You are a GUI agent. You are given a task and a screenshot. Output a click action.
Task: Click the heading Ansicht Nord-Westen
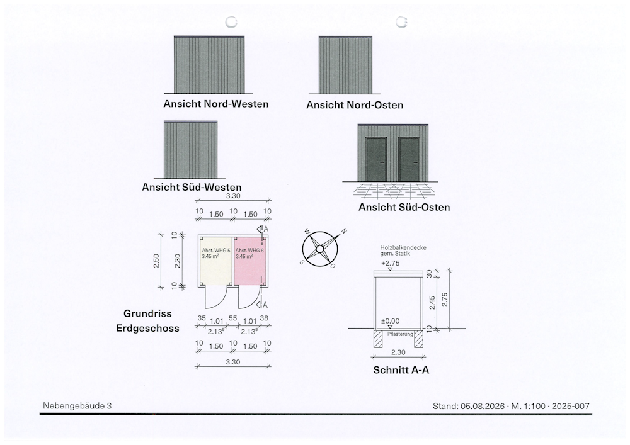click(x=215, y=104)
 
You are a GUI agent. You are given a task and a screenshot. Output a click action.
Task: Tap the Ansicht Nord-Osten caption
click(x=355, y=105)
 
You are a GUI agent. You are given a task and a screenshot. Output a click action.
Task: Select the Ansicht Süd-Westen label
click(x=192, y=188)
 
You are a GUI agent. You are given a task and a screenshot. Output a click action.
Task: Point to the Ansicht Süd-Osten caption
click(x=404, y=208)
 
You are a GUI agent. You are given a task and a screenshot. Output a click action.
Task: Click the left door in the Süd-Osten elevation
click(x=376, y=159)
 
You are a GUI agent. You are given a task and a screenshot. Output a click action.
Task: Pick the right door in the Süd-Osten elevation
click(x=409, y=159)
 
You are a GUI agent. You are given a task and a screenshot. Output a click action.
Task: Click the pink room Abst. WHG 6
click(x=249, y=261)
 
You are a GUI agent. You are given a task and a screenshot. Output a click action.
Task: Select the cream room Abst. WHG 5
click(x=215, y=261)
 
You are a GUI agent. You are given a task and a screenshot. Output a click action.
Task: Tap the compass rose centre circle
click(x=319, y=249)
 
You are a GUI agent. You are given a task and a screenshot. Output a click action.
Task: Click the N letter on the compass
click(x=344, y=231)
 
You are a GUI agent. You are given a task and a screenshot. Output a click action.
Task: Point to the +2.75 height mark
click(x=390, y=263)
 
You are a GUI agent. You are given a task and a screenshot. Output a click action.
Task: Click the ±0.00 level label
click(x=390, y=321)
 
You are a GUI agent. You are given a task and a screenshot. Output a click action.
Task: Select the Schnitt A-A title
click(x=401, y=370)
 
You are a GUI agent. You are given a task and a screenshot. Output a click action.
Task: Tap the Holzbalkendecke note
click(x=403, y=247)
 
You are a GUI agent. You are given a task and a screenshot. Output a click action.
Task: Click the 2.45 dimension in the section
click(x=432, y=303)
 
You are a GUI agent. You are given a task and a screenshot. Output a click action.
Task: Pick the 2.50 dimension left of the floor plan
click(x=156, y=261)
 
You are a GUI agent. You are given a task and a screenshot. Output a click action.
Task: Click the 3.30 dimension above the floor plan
click(x=233, y=196)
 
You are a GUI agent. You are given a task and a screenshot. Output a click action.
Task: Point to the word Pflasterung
click(x=400, y=334)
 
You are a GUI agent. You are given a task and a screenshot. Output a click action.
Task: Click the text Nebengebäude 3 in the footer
click(x=77, y=406)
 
